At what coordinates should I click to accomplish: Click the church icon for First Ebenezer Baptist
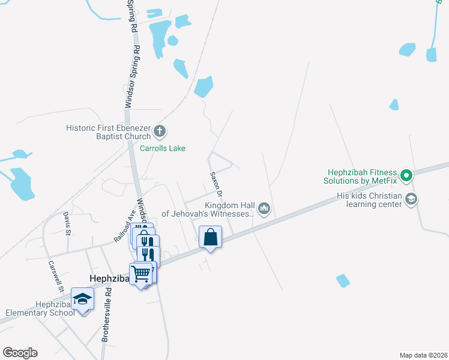pos(160,130)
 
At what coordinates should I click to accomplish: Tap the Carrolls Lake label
pos(163,148)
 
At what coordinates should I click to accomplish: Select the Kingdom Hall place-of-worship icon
pos(264,209)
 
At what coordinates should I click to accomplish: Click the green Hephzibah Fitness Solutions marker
pos(406,176)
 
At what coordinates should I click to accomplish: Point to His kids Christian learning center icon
pos(411,200)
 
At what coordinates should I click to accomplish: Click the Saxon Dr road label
pos(217,185)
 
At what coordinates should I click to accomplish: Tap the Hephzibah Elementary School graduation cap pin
pos(82,298)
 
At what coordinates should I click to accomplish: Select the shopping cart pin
pos(140,274)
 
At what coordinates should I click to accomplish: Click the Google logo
pos(20,353)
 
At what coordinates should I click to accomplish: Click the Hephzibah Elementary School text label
pos(40,308)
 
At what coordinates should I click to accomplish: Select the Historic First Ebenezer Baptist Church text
pos(109,132)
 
